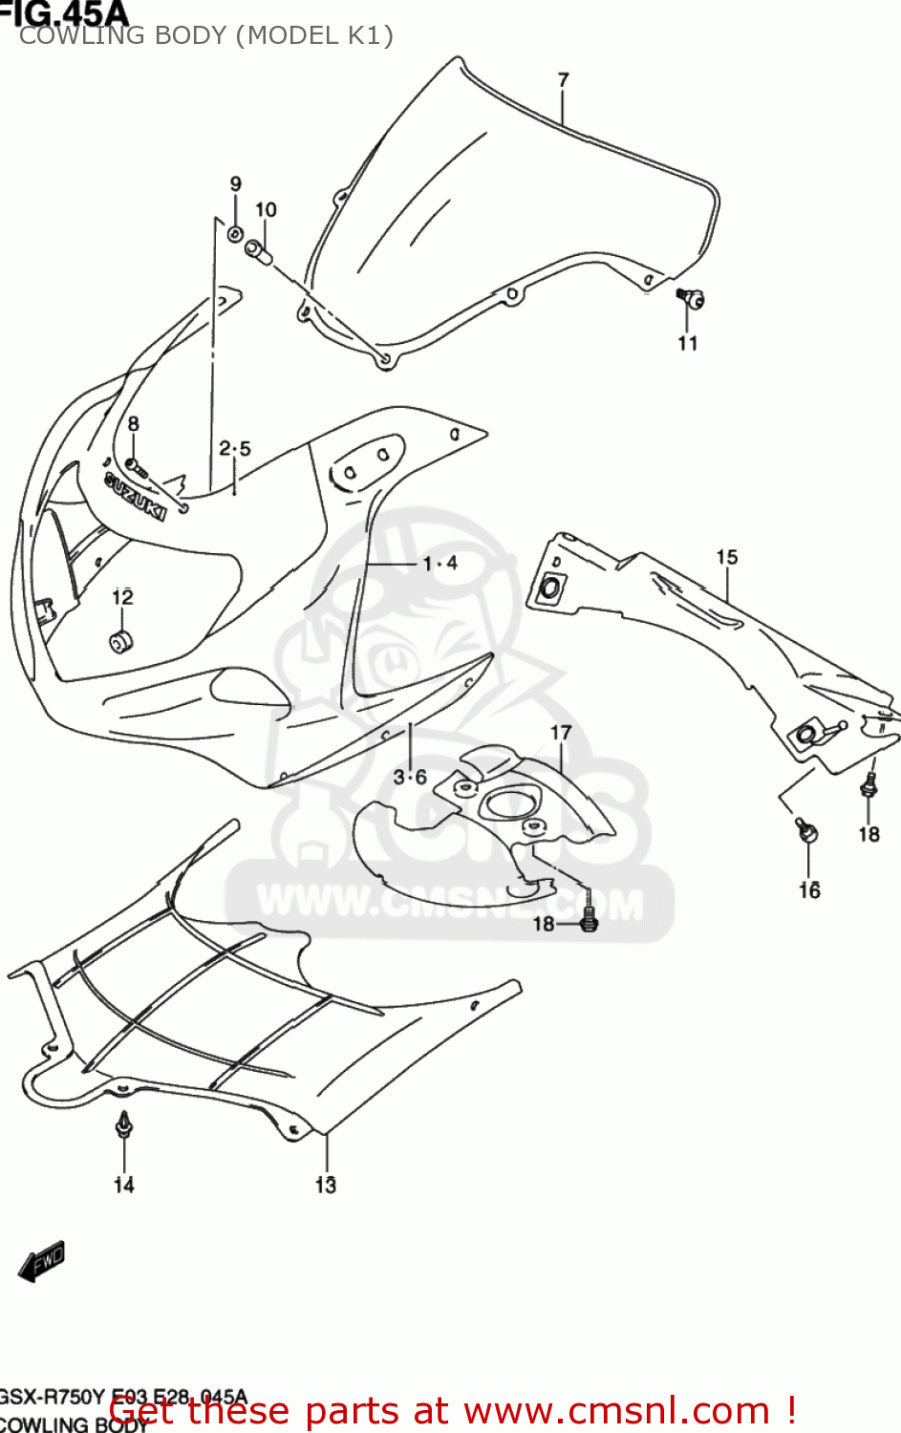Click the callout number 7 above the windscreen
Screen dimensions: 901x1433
tap(563, 80)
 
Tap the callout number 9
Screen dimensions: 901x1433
tap(236, 183)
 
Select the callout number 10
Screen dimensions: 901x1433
tap(266, 209)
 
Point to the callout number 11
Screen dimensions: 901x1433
tap(688, 343)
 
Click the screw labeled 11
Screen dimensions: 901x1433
tap(692, 299)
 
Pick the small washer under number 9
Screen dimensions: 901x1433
tap(235, 232)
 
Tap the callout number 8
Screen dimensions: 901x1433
tap(133, 423)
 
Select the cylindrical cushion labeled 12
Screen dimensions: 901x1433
tap(121, 641)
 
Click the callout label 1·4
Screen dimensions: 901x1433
tap(440, 564)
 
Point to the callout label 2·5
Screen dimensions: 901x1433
tap(235, 448)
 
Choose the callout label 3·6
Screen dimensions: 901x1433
tap(410, 777)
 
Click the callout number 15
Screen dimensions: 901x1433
tap(727, 556)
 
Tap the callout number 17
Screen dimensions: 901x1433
tap(561, 732)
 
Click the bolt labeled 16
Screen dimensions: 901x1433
tap(807, 831)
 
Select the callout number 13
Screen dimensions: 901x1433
tap(326, 1185)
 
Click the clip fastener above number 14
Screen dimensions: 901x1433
tap(123, 1125)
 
